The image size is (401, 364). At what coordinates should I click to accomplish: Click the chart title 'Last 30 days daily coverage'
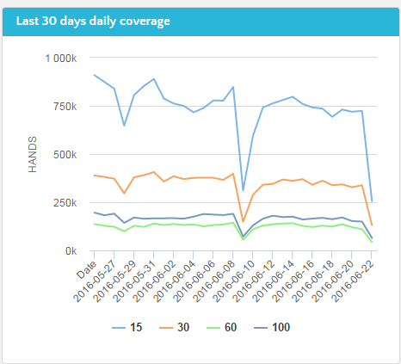point(93,22)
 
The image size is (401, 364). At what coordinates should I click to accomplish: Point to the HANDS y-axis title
point(33,154)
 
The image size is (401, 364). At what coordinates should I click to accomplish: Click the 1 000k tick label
point(61,59)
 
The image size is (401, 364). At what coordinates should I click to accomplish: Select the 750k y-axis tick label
point(65,107)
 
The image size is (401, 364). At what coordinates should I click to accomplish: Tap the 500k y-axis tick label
point(65,155)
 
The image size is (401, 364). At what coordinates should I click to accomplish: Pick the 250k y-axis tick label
point(65,203)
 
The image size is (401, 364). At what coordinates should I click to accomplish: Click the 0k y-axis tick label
point(71,251)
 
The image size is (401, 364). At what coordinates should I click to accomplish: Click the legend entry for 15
point(126,327)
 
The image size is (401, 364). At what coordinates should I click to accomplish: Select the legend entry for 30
point(174,327)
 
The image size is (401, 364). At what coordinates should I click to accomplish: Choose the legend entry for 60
point(221,327)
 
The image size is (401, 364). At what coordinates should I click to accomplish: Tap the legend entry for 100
point(272,327)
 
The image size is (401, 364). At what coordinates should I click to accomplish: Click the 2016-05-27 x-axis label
point(96,281)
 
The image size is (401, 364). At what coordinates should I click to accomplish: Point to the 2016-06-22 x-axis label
point(353,281)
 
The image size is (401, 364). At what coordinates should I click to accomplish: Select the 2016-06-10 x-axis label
point(234,281)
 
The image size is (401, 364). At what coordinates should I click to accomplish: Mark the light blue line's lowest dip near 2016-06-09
point(243,191)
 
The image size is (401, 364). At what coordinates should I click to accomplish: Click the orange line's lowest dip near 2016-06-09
point(243,222)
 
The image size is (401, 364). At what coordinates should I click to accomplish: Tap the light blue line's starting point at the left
point(95,75)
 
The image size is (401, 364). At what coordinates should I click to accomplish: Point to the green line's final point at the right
point(372,243)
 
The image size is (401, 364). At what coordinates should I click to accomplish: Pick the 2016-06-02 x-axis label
point(155,281)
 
